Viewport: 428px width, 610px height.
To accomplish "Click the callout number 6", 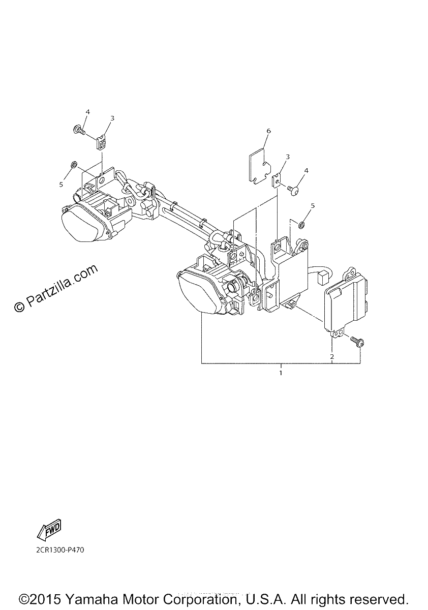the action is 268,131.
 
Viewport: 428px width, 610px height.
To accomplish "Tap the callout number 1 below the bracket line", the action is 281,373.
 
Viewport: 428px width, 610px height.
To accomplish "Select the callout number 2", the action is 331,356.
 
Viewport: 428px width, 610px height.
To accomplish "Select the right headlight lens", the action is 199,294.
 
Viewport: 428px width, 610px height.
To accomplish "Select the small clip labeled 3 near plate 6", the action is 277,181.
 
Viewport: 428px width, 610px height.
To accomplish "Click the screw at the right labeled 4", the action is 293,188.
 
